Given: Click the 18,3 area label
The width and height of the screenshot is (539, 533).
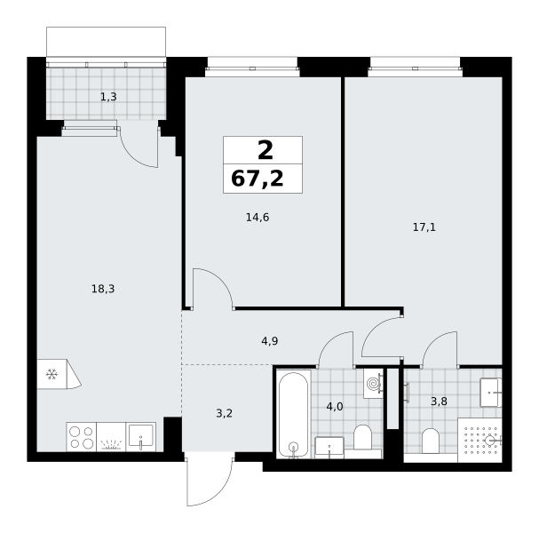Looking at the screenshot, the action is coord(103,289).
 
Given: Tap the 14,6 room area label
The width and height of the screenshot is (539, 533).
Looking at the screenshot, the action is coord(258,218).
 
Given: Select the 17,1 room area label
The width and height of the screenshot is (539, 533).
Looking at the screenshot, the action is coord(424,227).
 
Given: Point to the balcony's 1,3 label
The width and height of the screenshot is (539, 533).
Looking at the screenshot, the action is coord(108,97).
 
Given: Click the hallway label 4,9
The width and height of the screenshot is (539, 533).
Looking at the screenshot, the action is coord(270,341).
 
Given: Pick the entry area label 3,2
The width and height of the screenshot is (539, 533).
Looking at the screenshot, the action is coord(224,413).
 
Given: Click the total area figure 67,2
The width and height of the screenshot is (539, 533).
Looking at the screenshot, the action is coord(258,179).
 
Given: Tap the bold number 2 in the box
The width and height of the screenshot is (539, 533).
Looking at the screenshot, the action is coord(266,151).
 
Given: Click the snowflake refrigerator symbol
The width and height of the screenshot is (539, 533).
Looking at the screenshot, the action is coord(52,374).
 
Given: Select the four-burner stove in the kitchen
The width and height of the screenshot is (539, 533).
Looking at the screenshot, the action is coord(82,437).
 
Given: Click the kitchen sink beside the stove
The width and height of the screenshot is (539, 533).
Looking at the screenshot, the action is coord(141,437).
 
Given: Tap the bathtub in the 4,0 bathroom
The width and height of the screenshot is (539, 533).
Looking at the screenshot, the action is coord(293,414).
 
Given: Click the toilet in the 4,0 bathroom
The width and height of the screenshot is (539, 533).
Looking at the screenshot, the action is coord(362,437).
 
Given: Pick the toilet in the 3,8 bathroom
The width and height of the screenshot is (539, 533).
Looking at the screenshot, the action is coord(431,441).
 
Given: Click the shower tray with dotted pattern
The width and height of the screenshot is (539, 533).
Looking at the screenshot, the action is coord(480,440).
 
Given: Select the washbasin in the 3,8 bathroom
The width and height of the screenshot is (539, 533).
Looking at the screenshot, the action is coord(491,393).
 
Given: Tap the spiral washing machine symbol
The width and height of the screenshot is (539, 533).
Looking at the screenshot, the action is coord(373,384).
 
